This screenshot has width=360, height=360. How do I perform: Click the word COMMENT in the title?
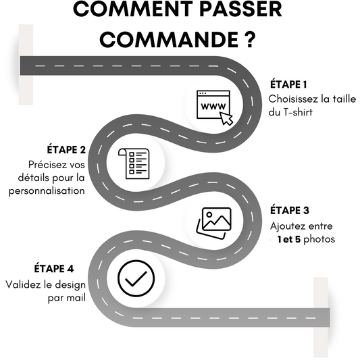click(133, 9)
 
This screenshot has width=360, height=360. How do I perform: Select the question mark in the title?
click(249, 39)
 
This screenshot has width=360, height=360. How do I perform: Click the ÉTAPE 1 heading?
click(288, 84)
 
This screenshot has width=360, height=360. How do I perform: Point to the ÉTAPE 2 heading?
click(66, 149)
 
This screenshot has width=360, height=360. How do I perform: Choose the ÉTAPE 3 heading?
click(290, 210)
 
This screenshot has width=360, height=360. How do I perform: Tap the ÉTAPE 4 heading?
click(54, 268)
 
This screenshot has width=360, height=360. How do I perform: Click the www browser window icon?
click(213, 105)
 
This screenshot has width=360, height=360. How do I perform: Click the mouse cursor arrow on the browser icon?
click(227, 118)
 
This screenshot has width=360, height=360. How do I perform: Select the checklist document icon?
click(134, 163)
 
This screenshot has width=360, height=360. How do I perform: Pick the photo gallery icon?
click(214, 223)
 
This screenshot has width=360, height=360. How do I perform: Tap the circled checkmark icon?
click(136, 278)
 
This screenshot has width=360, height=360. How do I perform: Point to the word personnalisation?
click(47, 191)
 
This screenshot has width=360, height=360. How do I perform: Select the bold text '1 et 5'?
click(289, 240)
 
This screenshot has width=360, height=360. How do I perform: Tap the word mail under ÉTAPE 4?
click(76, 298)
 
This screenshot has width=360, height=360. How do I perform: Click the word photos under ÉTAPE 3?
click(319, 240)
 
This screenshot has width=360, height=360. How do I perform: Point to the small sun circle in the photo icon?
click(209, 215)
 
